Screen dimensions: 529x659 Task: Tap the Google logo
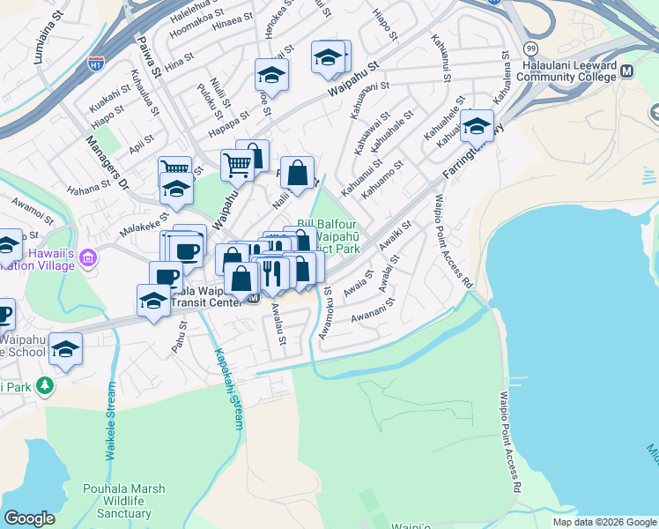pyautogui.click(x=29, y=518)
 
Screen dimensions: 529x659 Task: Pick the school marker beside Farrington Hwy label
pyautogui.click(x=477, y=127)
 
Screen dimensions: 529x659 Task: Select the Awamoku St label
pyautogui.click(x=325, y=312)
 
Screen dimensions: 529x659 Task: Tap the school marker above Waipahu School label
pyautogui.click(x=66, y=350)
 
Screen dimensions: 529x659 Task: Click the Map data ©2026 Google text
pyautogui.click(x=603, y=522)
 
